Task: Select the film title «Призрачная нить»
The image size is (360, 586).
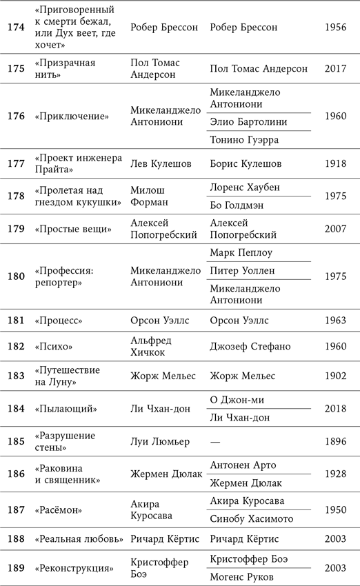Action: click(x=65, y=68)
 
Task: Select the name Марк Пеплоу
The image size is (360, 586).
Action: click(x=242, y=253)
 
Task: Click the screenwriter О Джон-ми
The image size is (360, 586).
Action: click(x=237, y=400)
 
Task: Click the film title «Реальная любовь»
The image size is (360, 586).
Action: click(x=77, y=539)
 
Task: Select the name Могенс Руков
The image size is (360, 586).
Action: click(x=241, y=576)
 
